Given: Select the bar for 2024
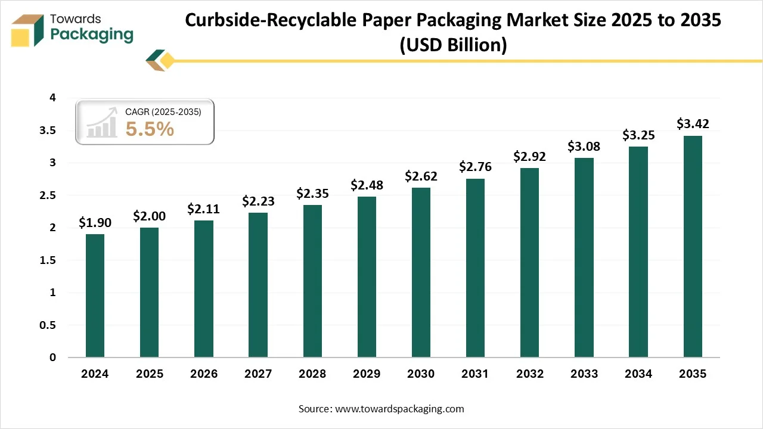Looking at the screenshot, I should click(x=95, y=296).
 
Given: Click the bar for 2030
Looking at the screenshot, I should click(x=421, y=272).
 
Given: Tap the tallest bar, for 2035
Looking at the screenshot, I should click(x=692, y=247).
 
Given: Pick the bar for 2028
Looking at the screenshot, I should click(x=312, y=281).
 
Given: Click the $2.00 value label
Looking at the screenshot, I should click(x=149, y=216).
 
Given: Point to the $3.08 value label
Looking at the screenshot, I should click(x=584, y=146).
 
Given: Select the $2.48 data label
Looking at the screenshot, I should click(x=367, y=185).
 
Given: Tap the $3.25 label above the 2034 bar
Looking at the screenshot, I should click(x=638, y=135).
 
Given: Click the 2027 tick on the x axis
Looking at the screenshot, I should click(x=258, y=374).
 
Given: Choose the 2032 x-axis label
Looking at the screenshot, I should click(x=529, y=374).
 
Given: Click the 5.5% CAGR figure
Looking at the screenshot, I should click(x=150, y=129).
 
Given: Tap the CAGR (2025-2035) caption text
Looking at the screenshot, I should click(x=163, y=111).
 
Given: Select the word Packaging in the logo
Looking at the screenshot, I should click(x=92, y=35).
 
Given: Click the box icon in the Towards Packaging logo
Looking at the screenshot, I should click(x=27, y=30).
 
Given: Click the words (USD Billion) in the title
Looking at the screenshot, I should click(x=453, y=44).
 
